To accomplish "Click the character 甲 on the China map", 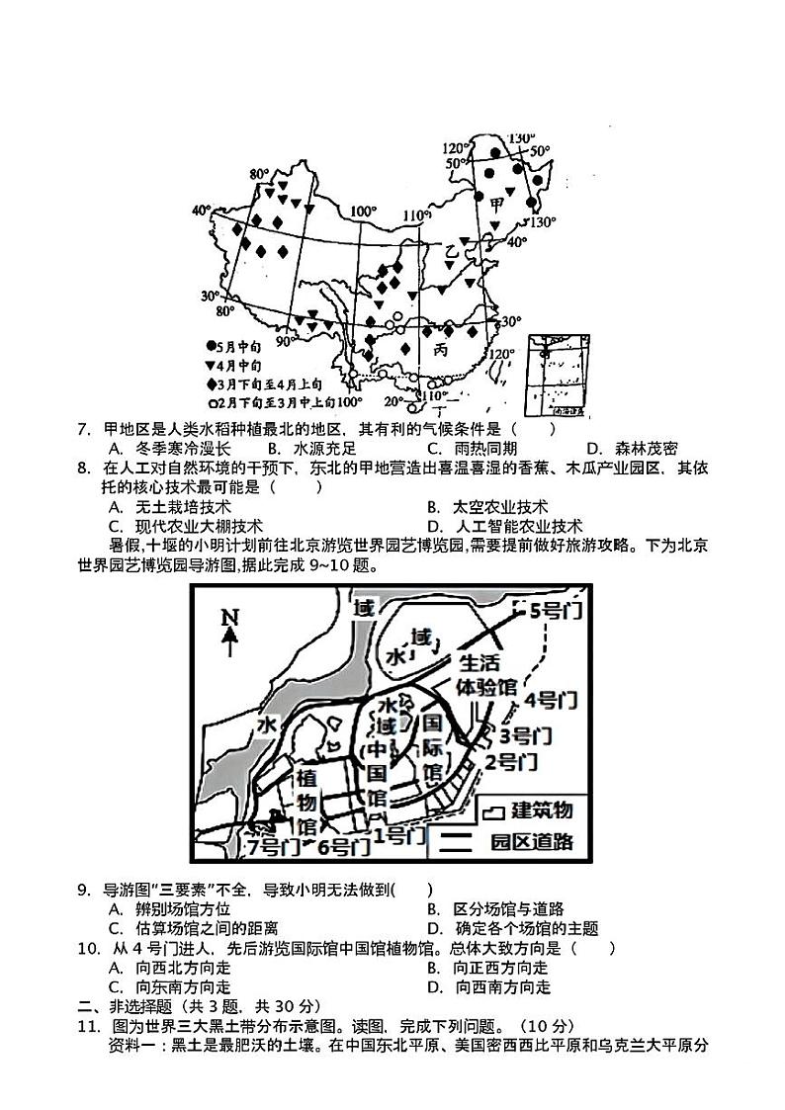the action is (x=496, y=205).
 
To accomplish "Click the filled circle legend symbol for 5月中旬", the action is (x=211, y=346).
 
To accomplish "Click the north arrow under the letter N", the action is (x=229, y=643).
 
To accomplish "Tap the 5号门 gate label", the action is (x=555, y=611).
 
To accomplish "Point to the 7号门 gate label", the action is (x=273, y=846).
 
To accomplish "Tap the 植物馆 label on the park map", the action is (x=306, y=799).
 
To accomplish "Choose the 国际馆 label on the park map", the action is (x=432, y=746).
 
